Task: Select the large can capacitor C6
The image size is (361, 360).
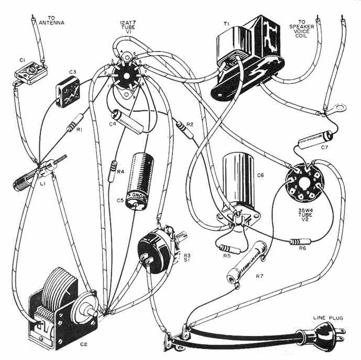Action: (x=237, y=183)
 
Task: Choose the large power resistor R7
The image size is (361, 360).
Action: (x=248, y=267)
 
